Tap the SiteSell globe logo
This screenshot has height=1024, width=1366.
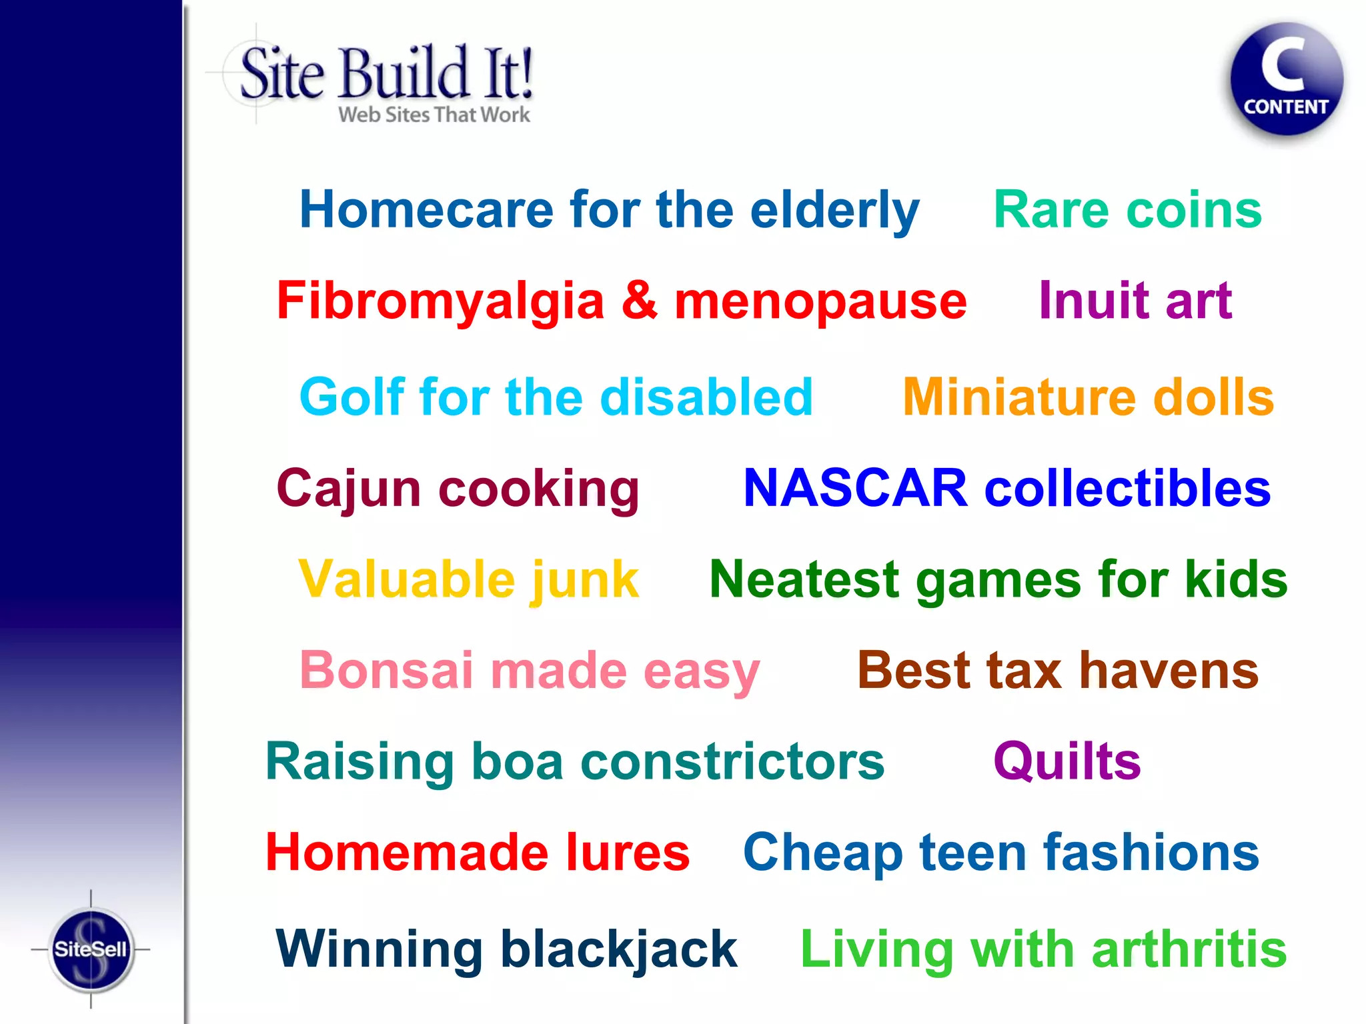tap(91, 949)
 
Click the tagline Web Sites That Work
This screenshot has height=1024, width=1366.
tap(434, 115)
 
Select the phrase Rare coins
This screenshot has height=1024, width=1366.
tap(1127, 209)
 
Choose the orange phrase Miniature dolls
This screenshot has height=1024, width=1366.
tap(1088, 397)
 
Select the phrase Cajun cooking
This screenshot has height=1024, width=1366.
tap(458, 489)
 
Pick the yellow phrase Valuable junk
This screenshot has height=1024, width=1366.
tap(468, 579)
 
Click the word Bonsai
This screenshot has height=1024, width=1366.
tap(386, 670)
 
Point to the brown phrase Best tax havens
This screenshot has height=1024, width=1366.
tap(1058, 670)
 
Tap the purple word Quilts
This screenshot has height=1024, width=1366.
tap(1067, 761)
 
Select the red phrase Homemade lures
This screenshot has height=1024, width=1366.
tap(478, 852)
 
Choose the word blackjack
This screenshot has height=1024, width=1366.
tap(618, 949)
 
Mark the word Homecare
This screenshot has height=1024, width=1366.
tap(426, 209)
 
